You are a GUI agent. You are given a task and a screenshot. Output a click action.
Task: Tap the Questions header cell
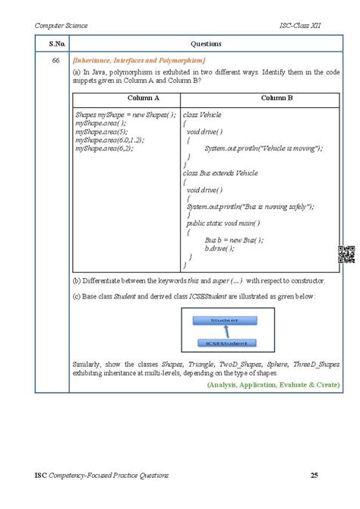[x=205, y=43]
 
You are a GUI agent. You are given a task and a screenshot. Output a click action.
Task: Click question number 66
[x=52, y=61]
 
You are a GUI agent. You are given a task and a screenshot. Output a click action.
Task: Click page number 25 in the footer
[x=314, y=476]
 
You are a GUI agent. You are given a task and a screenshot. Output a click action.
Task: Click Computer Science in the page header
[x=62, y=25]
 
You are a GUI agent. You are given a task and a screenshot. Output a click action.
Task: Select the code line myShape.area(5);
[x=100, y=131]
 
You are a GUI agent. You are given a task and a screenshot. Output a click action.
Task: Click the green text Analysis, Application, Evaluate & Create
[x=273, y=385]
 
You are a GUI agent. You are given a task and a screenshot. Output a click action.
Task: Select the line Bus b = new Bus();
[x=234, y=239]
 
